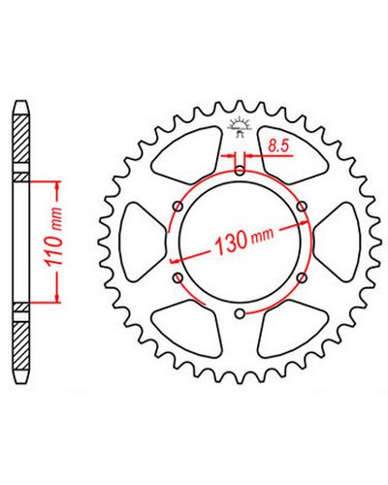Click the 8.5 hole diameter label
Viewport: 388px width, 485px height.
tap(278, 146)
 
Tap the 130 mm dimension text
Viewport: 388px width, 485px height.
tap(243, 240)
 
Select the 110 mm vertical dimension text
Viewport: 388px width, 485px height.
tap(53, 238)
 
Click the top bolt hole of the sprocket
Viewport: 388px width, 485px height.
tap(240, 171)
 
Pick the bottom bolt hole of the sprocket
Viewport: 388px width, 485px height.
tap(240, 313)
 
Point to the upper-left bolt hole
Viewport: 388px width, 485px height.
tap(178, 207)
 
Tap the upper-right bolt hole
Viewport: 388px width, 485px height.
tap(302, 207)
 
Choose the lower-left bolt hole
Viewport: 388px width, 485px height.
tap(178, 277)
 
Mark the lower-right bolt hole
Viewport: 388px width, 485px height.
tap(302, 277)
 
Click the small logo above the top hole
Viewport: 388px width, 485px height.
tap(240, 127)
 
